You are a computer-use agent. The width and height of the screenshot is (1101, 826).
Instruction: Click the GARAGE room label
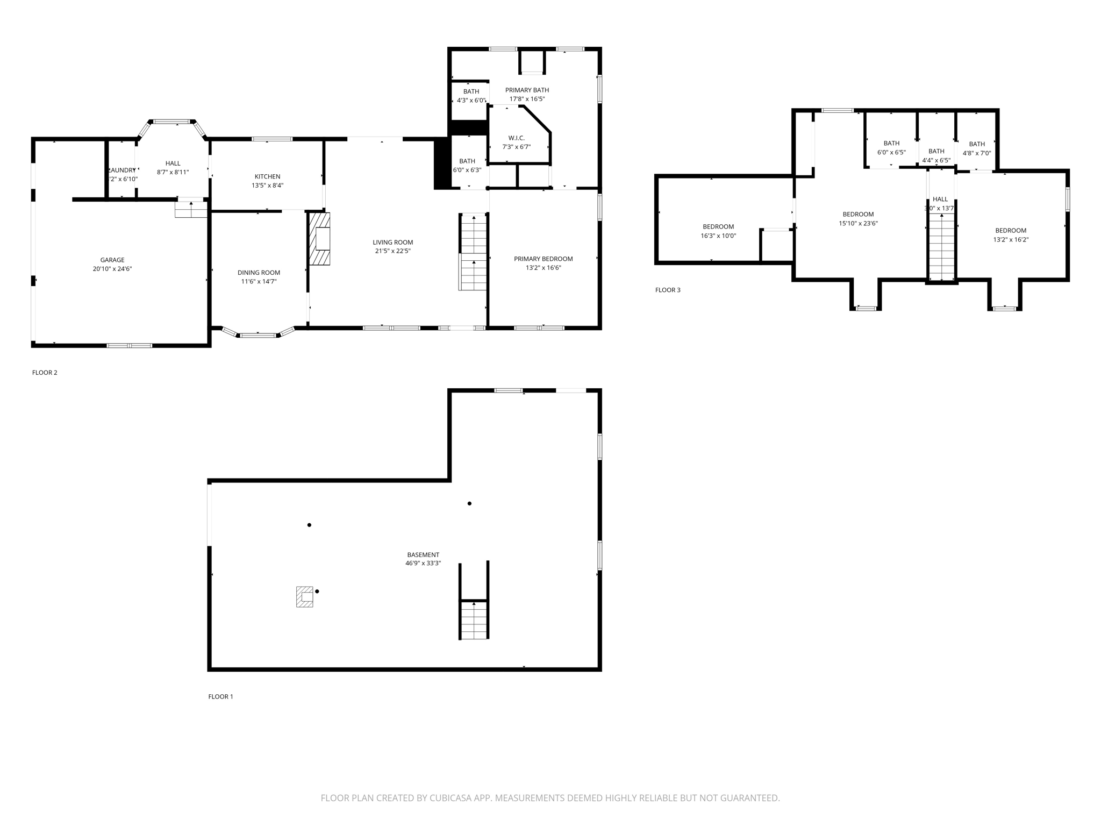(112, 260)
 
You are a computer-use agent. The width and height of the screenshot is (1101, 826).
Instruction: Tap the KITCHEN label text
(267, 176)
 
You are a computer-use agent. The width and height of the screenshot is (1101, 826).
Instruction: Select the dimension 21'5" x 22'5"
(392, 251)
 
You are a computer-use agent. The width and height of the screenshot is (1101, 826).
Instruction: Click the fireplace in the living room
(320, 239)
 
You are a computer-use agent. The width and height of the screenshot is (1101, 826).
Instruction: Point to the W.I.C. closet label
(516, 138)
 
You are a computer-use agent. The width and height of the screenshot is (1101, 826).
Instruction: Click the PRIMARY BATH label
(527, 90)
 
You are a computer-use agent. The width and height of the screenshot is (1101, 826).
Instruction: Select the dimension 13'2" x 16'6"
(543, 268)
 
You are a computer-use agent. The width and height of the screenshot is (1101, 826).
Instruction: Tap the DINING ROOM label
(259, 273)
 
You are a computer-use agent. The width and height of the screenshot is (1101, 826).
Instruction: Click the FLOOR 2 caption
(45, 373)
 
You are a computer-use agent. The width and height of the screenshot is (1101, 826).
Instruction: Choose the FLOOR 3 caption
(668, 290)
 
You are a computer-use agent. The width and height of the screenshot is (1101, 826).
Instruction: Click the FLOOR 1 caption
(220, 696)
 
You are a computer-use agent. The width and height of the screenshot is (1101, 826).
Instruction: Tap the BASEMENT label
(423, 554)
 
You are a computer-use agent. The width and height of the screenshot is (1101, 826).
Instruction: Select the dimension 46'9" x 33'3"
(423, 564)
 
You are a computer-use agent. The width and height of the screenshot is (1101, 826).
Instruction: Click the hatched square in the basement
(305, 596)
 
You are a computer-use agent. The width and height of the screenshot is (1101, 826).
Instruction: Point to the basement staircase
(474, 619)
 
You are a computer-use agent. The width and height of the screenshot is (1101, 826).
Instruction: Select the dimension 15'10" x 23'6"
(858, 223)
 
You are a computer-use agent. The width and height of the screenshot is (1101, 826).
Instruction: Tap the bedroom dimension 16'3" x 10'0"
(718, 236)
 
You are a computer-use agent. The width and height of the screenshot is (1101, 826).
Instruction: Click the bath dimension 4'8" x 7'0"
(976, 153)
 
